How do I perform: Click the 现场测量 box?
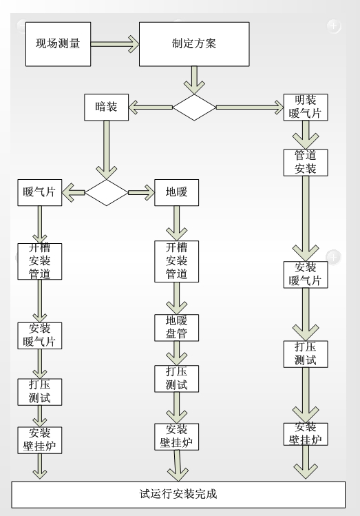pyautogui.click(x=58, y=44)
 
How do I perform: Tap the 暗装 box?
pyautogui.click(x=107, y=107)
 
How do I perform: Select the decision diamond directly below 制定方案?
pyautogui.click(x=194, y=107)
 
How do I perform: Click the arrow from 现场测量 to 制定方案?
pyautogui.click(x=115, y=43)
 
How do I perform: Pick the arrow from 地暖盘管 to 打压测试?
pyautogui.click(x=176, y=354)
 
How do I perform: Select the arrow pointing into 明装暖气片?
pyautogui.click(x=250, y=107)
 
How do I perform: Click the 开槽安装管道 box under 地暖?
pyautogui.click(x=176, y=260)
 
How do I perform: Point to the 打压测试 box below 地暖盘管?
pyautogui.click(x=176, y=380)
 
